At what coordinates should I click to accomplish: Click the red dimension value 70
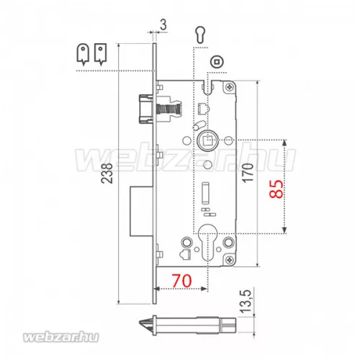coord(182,280)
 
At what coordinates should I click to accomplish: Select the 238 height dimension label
coord(107,174)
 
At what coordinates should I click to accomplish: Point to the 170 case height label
coord(248,173)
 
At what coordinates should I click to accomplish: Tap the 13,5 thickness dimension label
coord(246,301)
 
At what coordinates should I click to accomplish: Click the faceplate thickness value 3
coord(163,24)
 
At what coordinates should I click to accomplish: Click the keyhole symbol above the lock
coord(199,34)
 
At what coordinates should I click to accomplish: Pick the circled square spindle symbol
coord(217,62)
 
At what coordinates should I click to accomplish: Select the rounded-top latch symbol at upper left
coord(83,54)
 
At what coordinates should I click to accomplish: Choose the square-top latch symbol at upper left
coord(101,54)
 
